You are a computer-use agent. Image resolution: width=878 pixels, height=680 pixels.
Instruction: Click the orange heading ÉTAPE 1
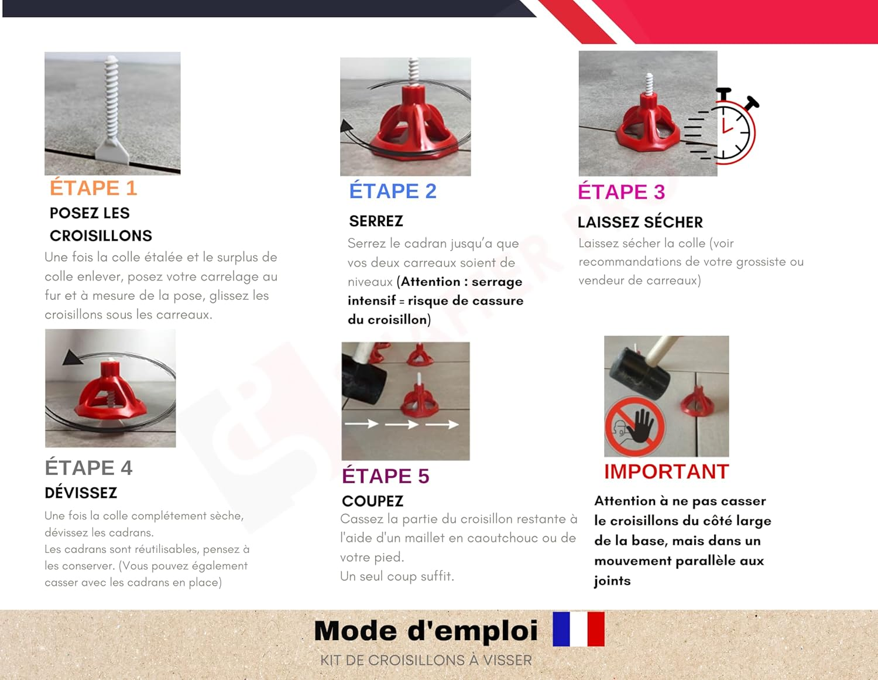point(93,188)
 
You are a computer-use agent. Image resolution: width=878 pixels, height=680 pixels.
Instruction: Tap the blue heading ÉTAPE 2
point(393,191)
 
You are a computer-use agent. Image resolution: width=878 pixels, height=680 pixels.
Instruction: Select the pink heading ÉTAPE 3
point(621,192)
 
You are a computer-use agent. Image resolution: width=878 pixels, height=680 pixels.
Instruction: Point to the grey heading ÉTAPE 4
point(88,468)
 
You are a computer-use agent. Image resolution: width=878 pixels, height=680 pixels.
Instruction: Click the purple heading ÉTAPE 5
point(385,476)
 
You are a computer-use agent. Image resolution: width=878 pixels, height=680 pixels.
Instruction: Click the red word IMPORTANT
point(666,471)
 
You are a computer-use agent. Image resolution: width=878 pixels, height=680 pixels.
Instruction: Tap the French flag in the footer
point(578,629)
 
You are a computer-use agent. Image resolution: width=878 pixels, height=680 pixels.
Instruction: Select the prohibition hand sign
point(635,426)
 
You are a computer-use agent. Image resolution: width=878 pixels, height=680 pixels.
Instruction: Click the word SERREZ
point(376,221)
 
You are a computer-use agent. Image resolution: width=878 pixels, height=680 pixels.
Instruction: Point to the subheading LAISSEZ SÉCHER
point(640,223)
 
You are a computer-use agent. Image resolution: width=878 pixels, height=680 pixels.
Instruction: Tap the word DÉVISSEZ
point(81,493)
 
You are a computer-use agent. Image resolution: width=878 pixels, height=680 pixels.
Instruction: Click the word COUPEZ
point(372,501)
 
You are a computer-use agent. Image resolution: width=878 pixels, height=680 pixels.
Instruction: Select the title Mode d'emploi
point(426,631)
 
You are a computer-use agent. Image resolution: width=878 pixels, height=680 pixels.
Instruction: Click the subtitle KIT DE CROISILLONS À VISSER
point(426,661)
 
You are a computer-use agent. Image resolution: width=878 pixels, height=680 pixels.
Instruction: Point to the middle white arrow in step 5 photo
point(402,424)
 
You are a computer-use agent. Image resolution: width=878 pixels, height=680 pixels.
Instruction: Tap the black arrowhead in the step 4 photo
point(73,357)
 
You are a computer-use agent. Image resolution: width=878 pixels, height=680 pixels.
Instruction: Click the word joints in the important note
point(612,581)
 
